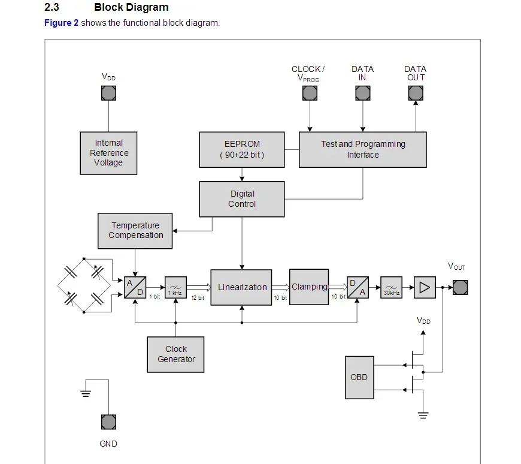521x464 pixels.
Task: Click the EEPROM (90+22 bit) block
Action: pos(242,150)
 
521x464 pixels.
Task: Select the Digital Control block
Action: pos(242,199)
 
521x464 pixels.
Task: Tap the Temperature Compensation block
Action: pos(135,231)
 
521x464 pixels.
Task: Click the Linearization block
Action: pos(242,287)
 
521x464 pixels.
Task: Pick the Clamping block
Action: pos(309,287)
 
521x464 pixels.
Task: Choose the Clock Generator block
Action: pos(176,354)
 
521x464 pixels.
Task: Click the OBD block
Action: pos(359,378)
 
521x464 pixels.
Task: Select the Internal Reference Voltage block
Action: pos(108,153)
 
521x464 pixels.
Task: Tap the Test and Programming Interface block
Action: pos(363,150)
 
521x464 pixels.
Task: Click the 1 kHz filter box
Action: pos(175,288)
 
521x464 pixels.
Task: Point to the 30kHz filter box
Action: pos(392,288)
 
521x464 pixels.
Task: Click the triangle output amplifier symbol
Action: pos(424,288)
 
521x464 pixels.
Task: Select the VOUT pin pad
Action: pos(460,288)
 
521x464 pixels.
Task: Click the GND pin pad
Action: pos(108,422)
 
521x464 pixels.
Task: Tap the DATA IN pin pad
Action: pos(363,93)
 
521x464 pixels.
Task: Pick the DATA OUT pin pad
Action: pos(416,93)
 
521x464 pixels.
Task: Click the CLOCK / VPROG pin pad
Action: pos(310,93)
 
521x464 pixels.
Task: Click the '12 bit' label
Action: pos(198,298)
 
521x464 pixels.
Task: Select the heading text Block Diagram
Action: pos(131,8)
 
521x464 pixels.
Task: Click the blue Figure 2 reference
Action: pos(61,23)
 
